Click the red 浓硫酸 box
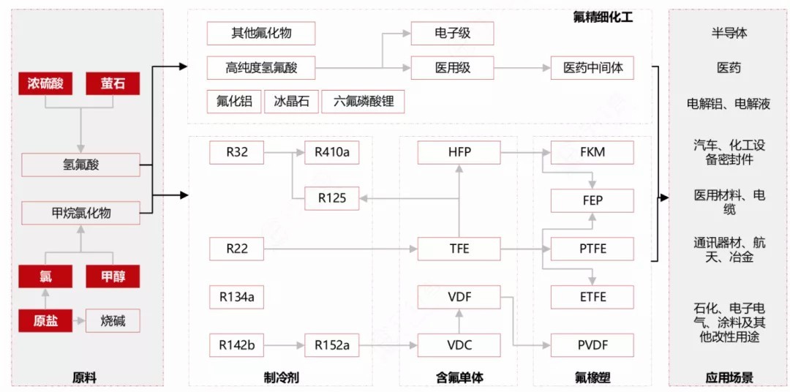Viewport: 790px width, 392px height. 45,84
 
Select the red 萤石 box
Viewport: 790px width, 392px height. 113,84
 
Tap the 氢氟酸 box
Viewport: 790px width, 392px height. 80,165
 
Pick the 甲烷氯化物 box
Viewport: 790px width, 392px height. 80,214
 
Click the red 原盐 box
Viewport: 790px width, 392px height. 45,321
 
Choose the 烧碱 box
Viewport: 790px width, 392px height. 113,321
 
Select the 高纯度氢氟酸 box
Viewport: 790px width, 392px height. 261,69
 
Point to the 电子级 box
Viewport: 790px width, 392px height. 452,34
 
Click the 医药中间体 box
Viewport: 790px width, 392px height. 592,69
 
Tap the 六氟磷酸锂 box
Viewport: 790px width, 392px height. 364,102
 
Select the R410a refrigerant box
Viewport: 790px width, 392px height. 331,153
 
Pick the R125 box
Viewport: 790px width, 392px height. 331,198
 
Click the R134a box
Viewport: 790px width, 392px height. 236,297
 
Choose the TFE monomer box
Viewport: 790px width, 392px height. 459,249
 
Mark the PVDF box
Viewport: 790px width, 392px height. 592,345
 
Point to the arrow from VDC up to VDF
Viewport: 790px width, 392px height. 459,321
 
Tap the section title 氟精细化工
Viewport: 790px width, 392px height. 603,17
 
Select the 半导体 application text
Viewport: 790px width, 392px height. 729,34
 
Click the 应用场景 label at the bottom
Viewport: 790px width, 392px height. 729,378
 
